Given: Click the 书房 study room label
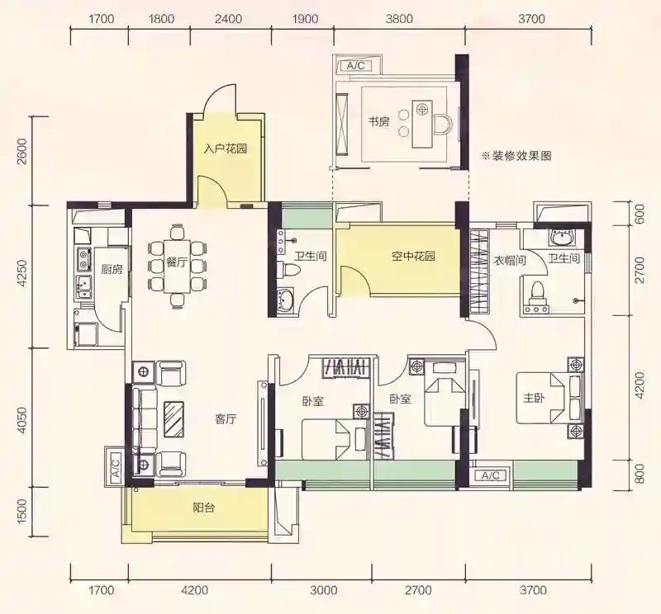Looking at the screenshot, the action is click(379, 122).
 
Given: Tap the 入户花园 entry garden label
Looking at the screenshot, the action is click(225, 149).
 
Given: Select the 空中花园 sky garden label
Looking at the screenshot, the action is click(413, 256).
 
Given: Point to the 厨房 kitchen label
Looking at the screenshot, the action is click(112, 269).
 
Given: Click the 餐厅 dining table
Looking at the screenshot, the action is click(177, 267).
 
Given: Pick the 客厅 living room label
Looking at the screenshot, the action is click(226, 419).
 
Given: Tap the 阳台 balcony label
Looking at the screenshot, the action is click(204, 508).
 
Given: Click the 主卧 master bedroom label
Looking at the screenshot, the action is click(533, 398).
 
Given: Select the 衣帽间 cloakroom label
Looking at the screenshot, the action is click(510, 261).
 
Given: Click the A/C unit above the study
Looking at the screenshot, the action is click(355, 66).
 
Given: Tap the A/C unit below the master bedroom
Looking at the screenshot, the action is click(490, 476).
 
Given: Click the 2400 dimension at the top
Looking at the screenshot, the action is click(228, 19).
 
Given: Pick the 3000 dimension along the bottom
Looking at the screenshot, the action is click(324, 590).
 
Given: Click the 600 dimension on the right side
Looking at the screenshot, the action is click(640, 215).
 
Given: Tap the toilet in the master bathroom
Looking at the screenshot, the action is click(537, 292).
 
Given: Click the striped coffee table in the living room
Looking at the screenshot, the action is click(174, 419).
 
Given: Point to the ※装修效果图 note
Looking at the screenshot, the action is click(517, 156).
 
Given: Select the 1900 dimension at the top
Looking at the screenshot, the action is click(304, 19).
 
